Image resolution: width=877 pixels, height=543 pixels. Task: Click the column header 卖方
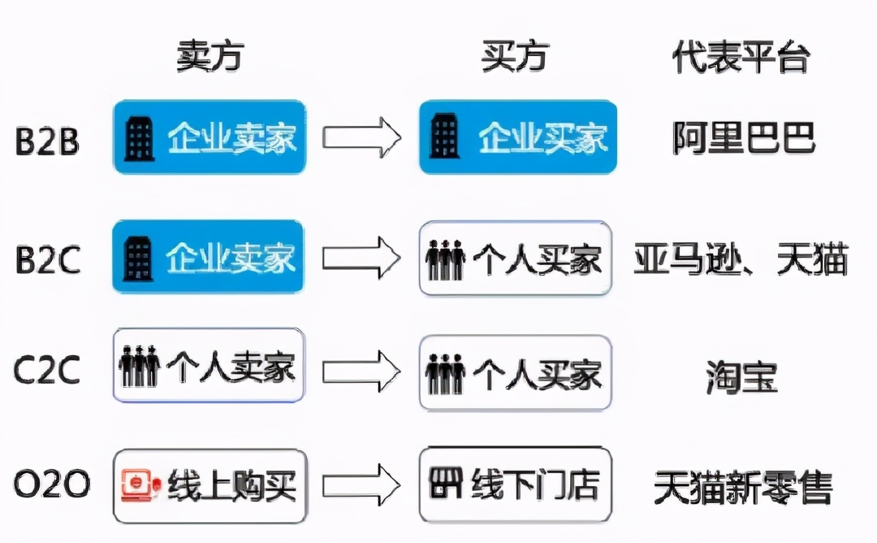210,56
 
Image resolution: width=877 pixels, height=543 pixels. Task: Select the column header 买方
516,56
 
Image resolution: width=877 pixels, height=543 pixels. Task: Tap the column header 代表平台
741,56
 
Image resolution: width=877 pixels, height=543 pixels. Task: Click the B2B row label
47,141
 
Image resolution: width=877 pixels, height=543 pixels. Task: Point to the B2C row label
47,259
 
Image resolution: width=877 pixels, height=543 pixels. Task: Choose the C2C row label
47,371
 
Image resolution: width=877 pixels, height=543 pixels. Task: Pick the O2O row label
51,485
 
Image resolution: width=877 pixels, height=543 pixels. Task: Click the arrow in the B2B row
361,137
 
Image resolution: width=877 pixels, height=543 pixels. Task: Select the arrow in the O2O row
361,486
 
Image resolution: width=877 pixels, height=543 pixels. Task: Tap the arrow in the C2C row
361,371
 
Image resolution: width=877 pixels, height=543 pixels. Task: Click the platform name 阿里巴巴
743,138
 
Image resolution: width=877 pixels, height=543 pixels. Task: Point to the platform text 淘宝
741,377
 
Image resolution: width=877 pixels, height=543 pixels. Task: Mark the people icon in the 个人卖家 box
139,367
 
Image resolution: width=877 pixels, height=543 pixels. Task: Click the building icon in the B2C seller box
138,257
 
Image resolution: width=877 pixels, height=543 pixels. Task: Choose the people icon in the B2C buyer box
445,259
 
